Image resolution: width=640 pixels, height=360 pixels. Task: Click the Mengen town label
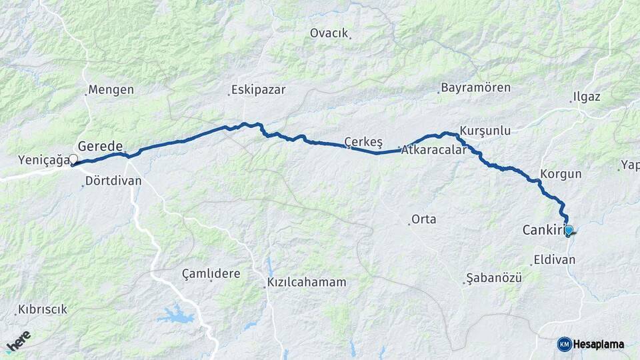coord(111,90)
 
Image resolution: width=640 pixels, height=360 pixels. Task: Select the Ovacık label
coord(329,33)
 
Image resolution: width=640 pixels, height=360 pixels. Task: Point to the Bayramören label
coord(476,88)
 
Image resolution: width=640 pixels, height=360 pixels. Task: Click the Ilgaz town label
coord(586,97)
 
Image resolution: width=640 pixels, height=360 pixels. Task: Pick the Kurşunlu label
coord(485,131)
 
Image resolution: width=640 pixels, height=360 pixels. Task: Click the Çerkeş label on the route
coord(363,141)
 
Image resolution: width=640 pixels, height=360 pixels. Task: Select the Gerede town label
coord(100,146)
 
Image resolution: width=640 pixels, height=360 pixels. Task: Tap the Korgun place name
coord(561,174)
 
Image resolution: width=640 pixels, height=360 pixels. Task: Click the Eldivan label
coord(554,259)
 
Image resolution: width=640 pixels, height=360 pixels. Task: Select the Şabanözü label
coord(494,277)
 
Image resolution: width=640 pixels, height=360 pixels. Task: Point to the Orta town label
coord(423,219)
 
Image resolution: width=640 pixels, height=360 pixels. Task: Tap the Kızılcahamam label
coord(307,282)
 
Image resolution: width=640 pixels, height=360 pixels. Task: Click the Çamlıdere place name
coord(211,273)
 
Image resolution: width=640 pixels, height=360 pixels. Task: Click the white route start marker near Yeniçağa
coord(73,159)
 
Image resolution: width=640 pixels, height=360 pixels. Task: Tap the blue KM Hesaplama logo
coord(591,344)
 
